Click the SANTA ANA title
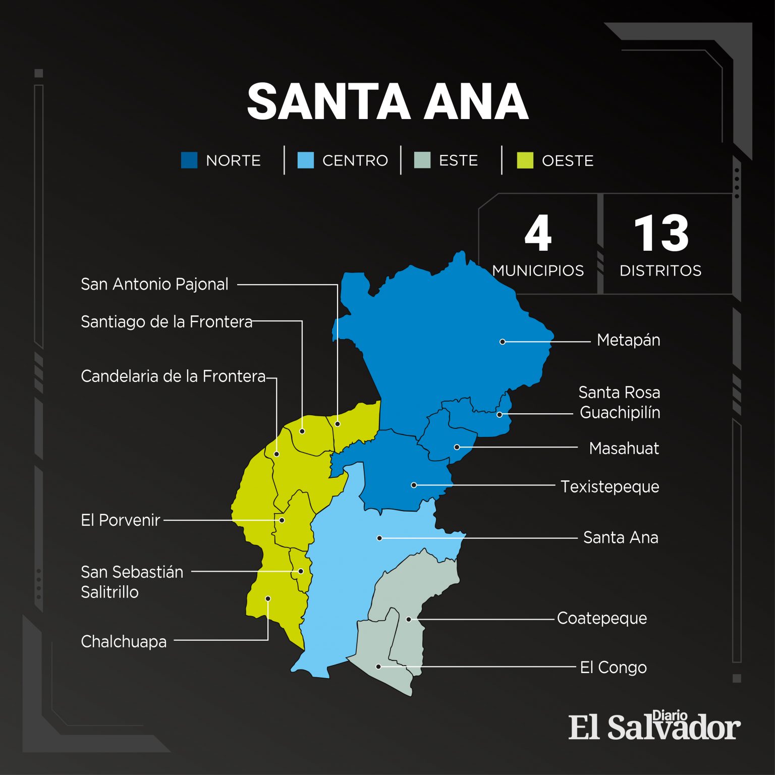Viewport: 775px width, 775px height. [387, 102]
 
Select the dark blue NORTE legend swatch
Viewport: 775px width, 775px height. [189, 160]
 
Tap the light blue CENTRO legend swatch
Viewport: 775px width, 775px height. [306, 160]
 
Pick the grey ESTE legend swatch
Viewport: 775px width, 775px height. [422, 160]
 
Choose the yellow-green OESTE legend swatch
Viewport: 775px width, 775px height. [525, 160]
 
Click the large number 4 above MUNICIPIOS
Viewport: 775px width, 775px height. [538, 233]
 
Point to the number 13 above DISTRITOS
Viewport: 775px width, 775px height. [661, 233]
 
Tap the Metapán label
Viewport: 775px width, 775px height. [628, 340]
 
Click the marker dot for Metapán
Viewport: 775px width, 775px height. [503, 342]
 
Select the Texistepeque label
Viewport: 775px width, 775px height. [610, 486]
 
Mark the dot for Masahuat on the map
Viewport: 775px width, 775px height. [457, 447]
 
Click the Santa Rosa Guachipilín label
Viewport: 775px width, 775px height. [619, 402]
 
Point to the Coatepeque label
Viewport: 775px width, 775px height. [601, 618]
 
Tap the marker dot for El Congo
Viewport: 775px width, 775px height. [378, 667]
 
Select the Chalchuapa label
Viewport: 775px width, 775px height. [124, 641]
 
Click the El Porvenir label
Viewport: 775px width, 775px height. [121, 520]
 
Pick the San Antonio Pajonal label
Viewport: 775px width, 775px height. [154, 284]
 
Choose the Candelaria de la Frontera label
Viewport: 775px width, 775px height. [173, 376]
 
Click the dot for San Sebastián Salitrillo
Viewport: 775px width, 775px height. [301, 571]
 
